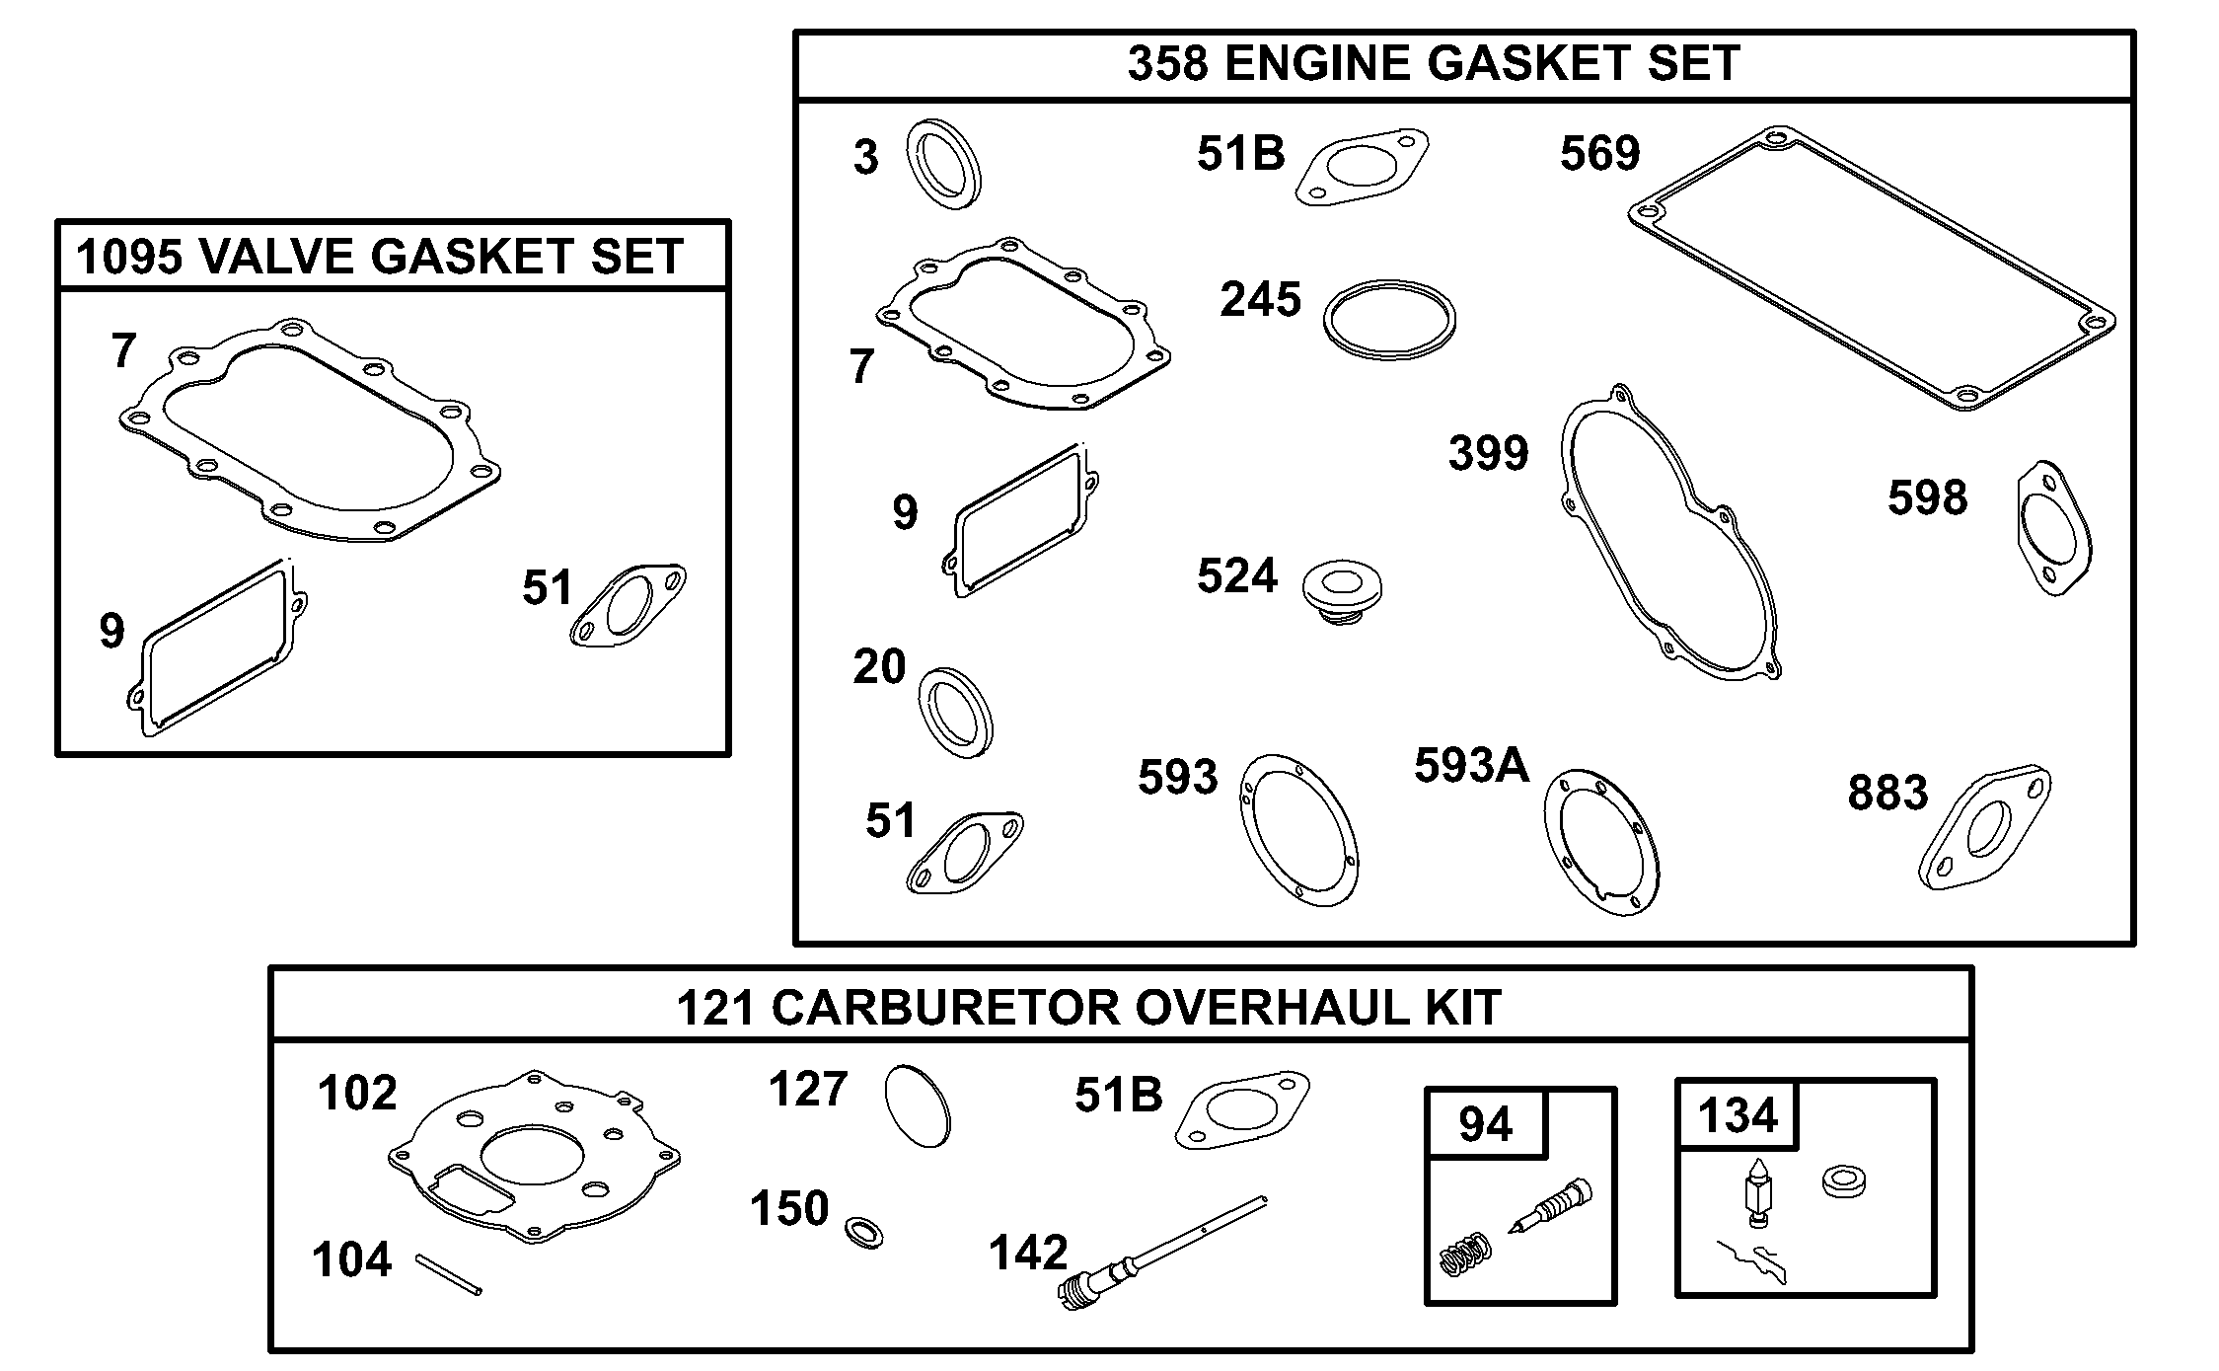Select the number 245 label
click(1260, 299)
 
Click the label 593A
click(1471, 765)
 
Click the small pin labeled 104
click(449, 1273)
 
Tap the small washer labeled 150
click(864, 1232)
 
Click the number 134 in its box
click(1738, 1115)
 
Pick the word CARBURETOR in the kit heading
click(946, 1008)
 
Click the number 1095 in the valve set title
click(129, 257)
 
